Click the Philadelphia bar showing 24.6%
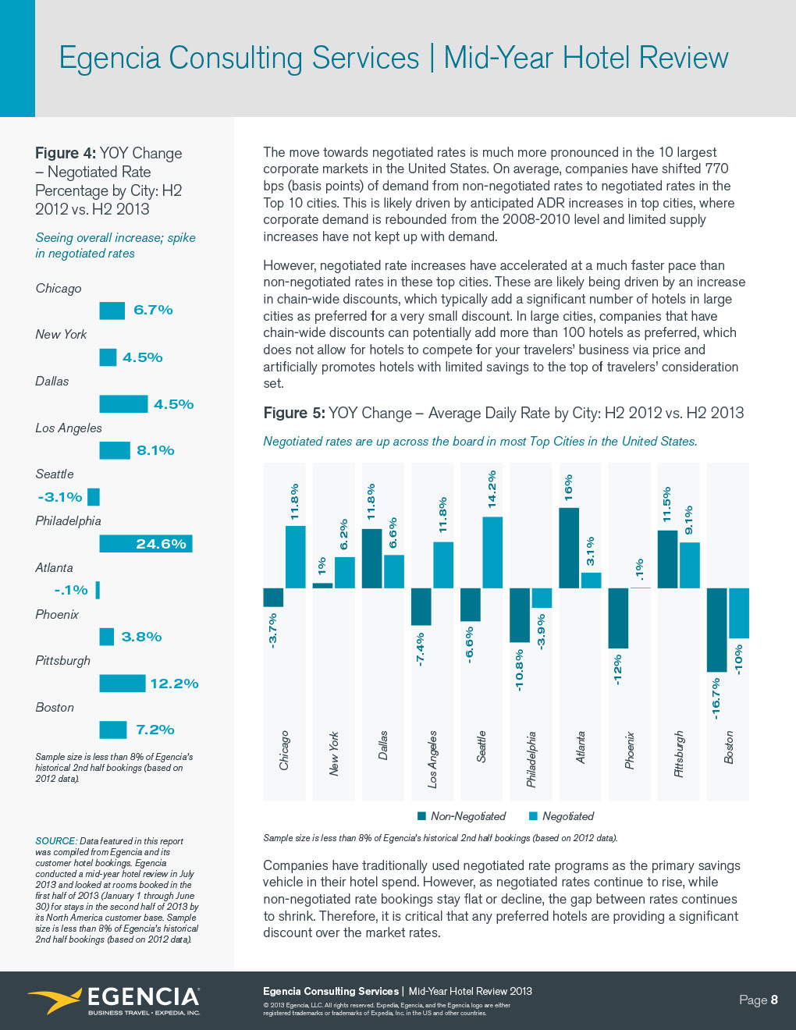click(145, 544)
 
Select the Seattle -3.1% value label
click(60, 497)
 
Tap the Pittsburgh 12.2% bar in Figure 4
click(122, 684)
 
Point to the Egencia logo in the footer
click(114, 1000)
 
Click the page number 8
click(774, 1000)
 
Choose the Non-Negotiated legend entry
click(461, 816)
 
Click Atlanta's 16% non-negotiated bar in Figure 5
click(569, 548)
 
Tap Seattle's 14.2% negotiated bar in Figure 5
click(492, 552)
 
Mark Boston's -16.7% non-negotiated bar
click(716, 630)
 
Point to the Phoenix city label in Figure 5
click(630, 751)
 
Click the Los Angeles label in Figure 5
click(432, 759)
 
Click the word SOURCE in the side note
click(55, 841)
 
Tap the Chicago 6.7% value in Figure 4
click(153, 310)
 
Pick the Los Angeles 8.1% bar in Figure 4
click(115, 450)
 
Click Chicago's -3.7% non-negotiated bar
click(273, 597)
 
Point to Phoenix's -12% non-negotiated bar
click(618, 618)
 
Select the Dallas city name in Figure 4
click(52, 382)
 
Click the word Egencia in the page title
click(109, 59)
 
